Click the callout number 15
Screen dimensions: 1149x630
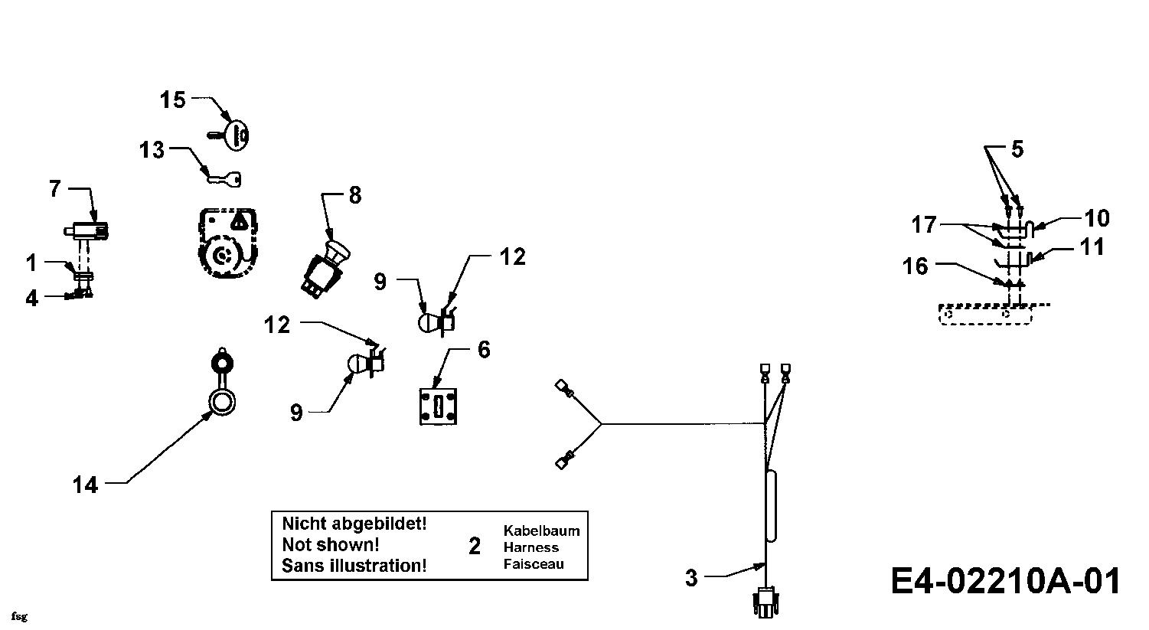(172, 100)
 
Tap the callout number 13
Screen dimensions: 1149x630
(152, 150)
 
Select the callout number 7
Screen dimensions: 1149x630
(55, 189)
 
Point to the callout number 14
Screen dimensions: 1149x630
(85, 485)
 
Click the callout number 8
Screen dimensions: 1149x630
(355, 195)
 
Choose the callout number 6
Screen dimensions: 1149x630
(484, 350)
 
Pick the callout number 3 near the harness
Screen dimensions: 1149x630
(691, 578)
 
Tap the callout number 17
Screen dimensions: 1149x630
(924, 225)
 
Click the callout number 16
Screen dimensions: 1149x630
(915, 266)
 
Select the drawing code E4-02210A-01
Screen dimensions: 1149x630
(1005, 581)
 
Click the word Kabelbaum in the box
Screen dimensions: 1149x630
(542, 530)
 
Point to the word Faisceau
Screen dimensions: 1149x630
(534, 564)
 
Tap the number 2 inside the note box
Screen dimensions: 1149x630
(475, 547)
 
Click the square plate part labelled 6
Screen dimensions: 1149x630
(438, 406)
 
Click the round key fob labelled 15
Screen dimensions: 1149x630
(237, 135)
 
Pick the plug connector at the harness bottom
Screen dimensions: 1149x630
(765, 603)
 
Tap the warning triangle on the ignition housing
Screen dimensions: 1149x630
(239, 222)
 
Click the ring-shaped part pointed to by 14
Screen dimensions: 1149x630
(221, 403)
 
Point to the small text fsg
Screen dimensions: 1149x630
(19, 617)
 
